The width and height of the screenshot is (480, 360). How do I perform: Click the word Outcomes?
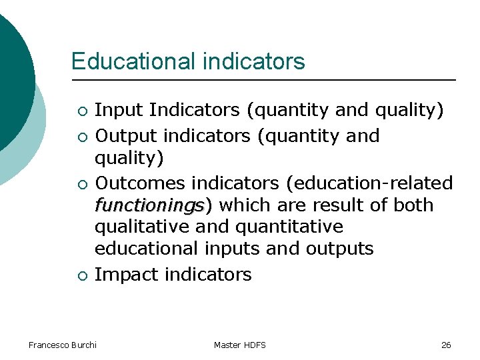(140, 183)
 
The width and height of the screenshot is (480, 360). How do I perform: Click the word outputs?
(339, 249)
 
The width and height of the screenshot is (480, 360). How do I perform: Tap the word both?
(413, 205)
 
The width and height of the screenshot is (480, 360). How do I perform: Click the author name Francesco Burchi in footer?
(63, 345)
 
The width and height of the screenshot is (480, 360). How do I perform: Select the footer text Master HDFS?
(240, 345)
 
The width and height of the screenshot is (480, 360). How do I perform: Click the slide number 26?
(446, 345)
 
